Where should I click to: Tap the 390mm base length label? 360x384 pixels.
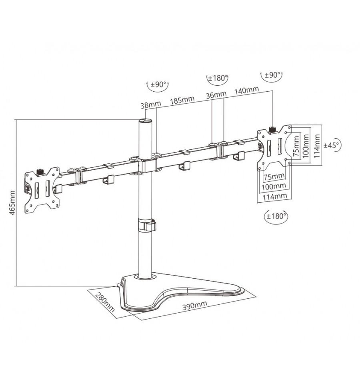[195, 305]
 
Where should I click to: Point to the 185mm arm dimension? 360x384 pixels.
[182, 100]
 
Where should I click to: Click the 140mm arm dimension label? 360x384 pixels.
[246, 90]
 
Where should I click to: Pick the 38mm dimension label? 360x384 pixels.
[151, 105]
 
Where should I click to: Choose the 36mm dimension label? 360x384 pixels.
[216, 95]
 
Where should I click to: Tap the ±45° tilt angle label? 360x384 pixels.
[332, 145]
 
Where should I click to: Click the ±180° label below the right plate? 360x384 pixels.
[276, 216]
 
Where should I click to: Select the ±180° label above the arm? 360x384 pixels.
[218, 78]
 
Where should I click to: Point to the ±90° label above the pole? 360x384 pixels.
[159, 84]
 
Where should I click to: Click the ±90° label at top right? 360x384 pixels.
[272, 75]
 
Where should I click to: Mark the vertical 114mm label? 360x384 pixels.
[317, 146]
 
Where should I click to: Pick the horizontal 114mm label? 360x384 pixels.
[275, 197]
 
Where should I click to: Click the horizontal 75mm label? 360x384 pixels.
[274, 176]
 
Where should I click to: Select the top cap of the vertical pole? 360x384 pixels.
[145, 121]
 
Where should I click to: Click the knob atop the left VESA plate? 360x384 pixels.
[40, 171]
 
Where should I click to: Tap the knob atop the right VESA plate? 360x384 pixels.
[272, 129]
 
